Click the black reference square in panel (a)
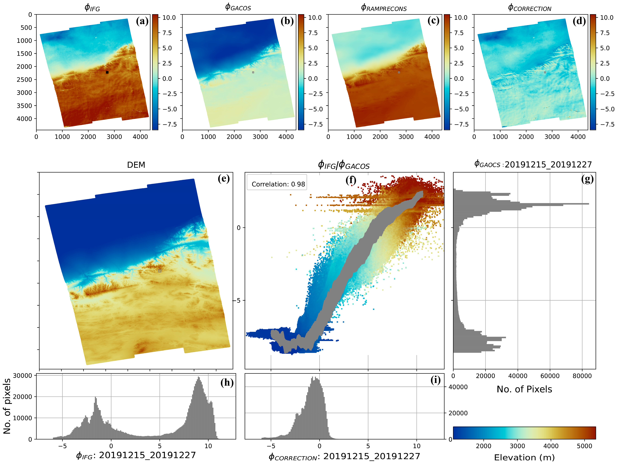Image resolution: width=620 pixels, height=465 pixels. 107,72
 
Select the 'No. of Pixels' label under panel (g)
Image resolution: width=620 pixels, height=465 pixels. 524,389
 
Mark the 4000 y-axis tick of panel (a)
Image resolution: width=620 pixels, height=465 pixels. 24,119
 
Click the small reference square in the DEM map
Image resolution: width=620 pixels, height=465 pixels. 160,271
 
